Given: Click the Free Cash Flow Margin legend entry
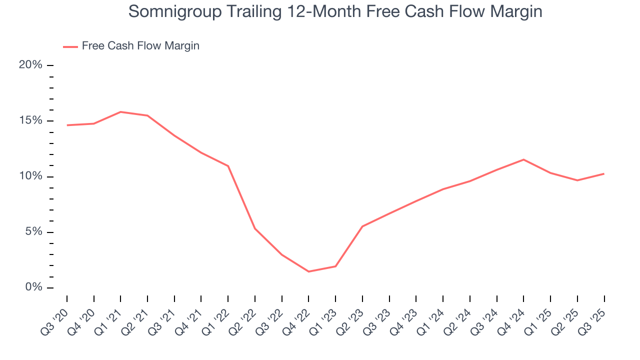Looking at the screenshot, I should click(x=140, y=46).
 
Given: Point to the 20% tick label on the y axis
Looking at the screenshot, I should click(x=30, y=65).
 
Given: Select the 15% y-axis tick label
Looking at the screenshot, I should click(x=30, y=121).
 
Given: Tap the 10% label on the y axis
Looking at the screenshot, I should click(x=30, y=176).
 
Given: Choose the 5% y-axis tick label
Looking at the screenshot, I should click(x=33, y=232).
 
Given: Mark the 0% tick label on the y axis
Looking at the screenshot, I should click(x=33, y=288).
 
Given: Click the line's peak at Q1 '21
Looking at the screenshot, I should click(x=120, y=112).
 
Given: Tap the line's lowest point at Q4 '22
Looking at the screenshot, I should click(x=308, y=271).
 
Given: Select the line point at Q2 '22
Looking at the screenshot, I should click(x=255, y=228).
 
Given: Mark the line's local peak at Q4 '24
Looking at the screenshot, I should click(x=523, y=159).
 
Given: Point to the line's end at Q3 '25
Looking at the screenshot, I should click(x=604, y=173).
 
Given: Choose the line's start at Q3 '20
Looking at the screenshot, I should click(x=67, y=125).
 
